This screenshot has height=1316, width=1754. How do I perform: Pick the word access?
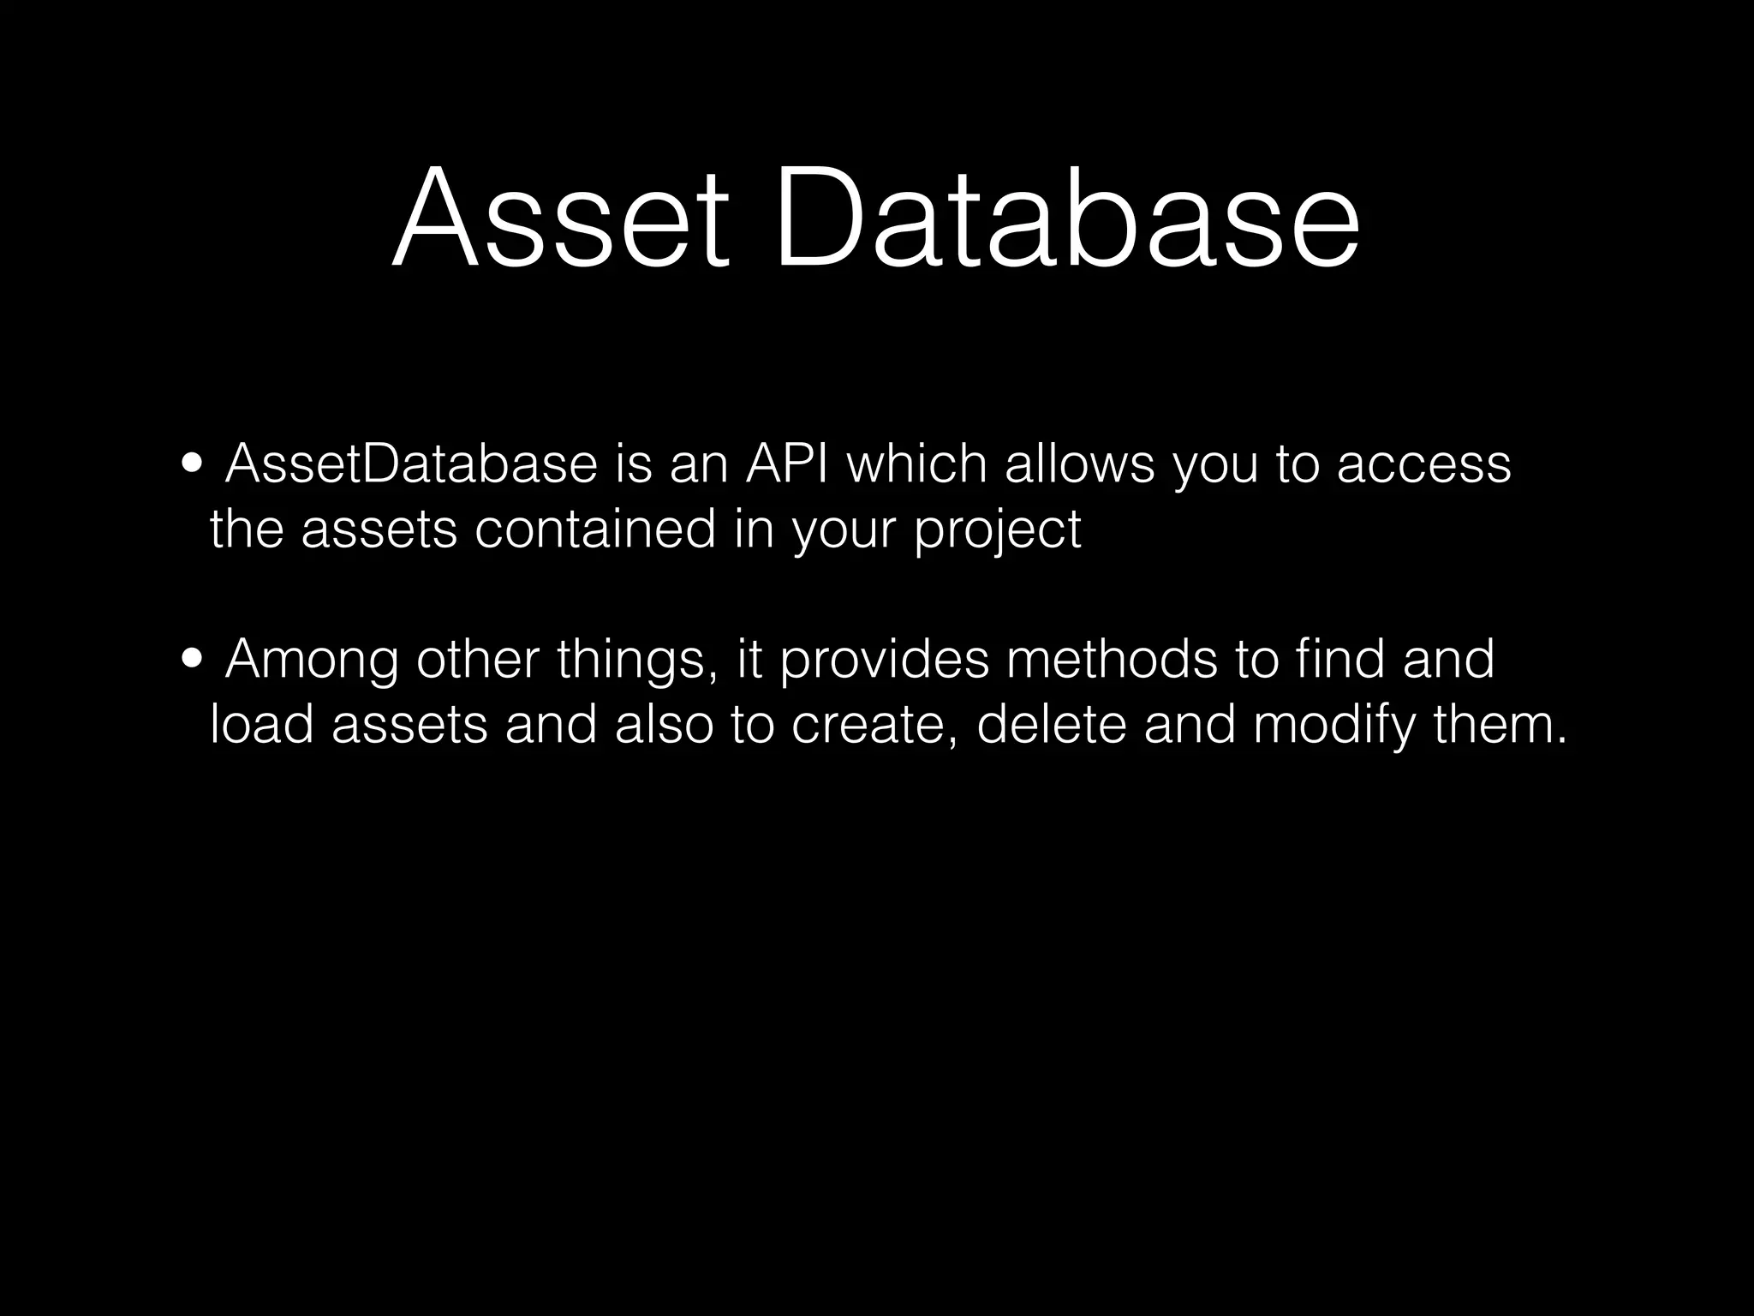1423,465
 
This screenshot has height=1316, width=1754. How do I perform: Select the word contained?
594,529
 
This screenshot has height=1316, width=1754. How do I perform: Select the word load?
261,725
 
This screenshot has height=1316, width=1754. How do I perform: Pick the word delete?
1051,725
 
